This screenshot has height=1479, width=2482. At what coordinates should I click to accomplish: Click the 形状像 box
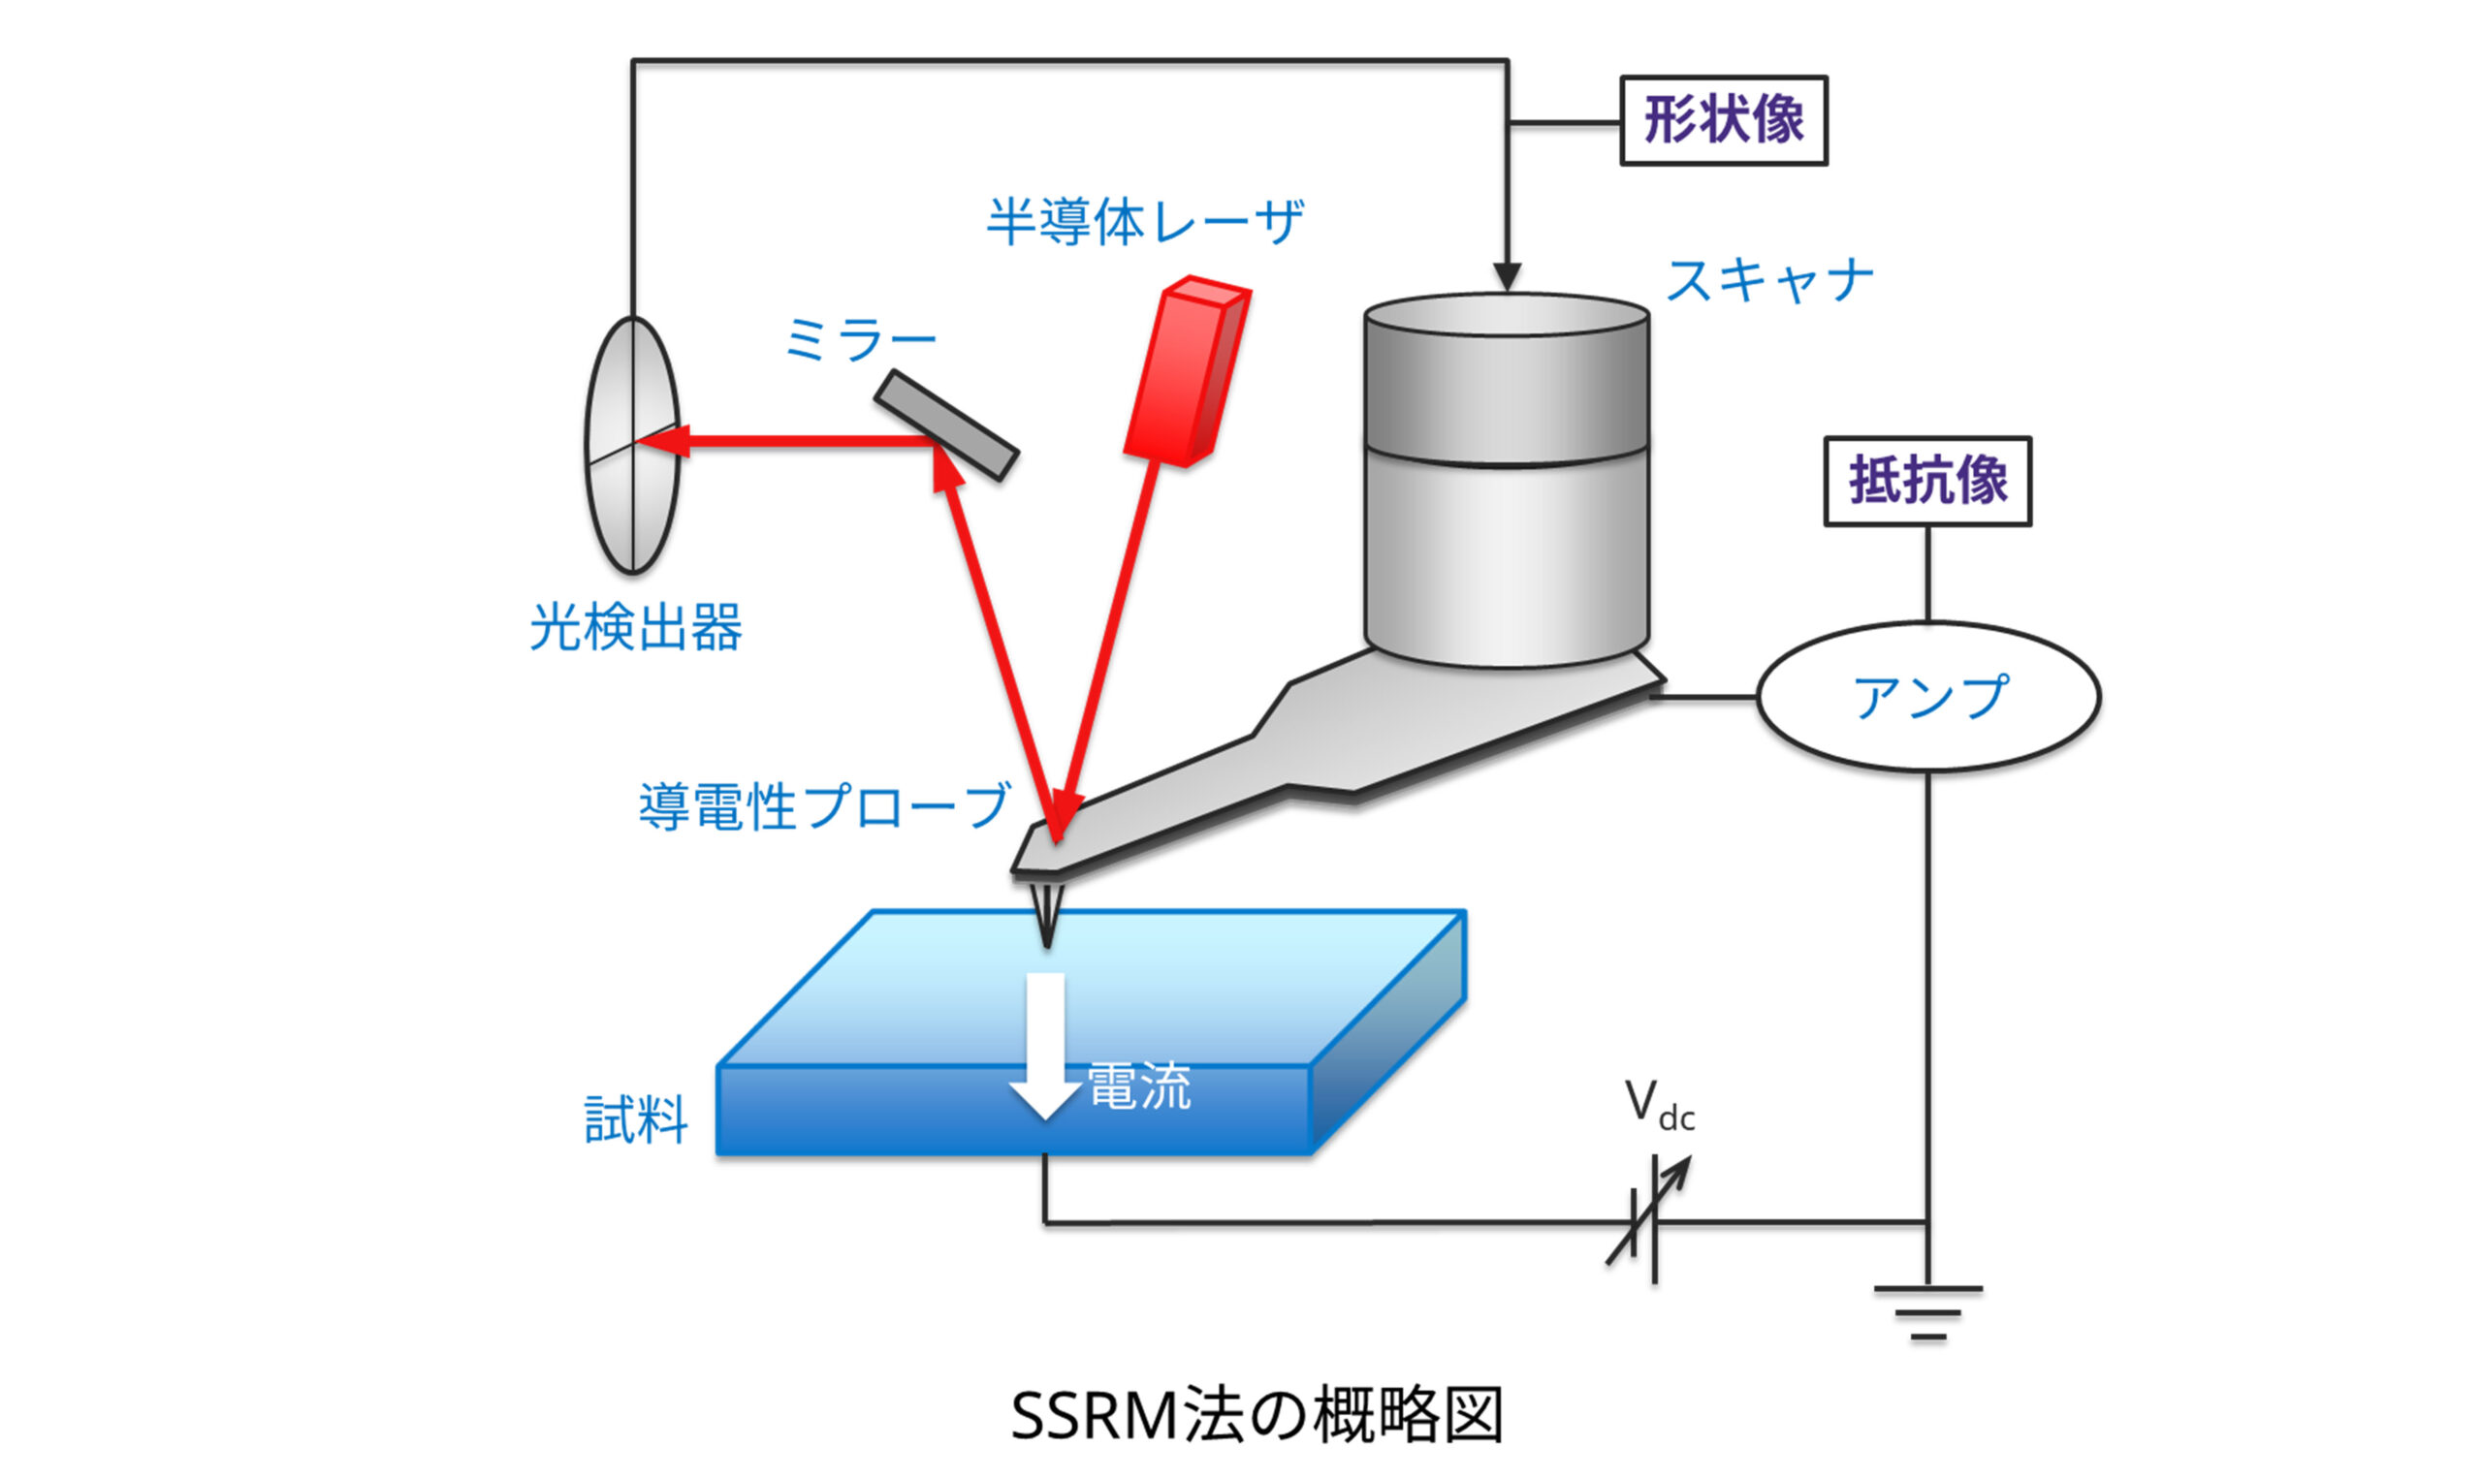click(1723, 120)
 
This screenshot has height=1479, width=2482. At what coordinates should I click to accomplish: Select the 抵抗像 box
click(1926, 482)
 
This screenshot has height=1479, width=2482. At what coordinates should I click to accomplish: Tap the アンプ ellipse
click(1927, 697)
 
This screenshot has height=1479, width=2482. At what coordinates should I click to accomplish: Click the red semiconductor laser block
click(1186, 371)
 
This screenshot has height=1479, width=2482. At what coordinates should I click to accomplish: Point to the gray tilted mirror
click(946, 425)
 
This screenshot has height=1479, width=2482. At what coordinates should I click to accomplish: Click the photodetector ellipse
click(631, 445)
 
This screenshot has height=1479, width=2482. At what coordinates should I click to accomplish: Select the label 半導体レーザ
click(1144, 221)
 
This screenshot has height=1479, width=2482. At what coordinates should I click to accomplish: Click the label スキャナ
click(1769, 280)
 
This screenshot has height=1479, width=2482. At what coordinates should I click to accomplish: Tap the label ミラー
click(860, 341)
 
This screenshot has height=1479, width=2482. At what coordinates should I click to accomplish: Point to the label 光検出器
click(635, 628)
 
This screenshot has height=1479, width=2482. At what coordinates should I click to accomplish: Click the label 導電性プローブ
click(823, 805)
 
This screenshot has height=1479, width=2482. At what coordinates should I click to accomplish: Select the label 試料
click(635, 1119)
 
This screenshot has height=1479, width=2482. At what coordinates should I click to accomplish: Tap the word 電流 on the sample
click(1138, 1086)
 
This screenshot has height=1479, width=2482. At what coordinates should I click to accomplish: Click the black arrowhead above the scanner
click(1506, 276)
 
